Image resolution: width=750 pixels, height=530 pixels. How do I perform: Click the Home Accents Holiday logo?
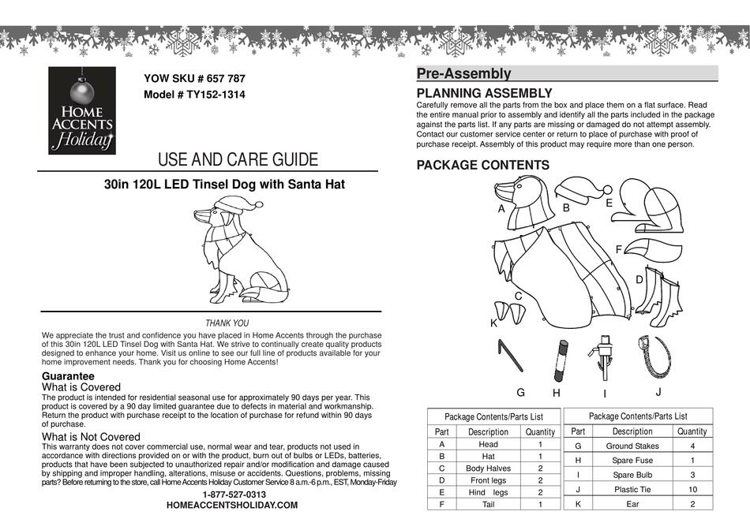81,110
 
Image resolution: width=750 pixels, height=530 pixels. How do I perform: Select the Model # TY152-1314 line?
194,94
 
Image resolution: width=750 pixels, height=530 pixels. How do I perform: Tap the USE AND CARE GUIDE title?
238,159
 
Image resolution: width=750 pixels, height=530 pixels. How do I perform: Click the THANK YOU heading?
227,323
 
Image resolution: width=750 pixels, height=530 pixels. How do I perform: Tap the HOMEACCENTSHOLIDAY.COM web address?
232,506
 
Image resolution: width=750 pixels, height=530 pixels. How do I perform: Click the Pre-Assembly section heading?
463,74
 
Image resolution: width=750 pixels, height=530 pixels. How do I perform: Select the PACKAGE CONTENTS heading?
482,165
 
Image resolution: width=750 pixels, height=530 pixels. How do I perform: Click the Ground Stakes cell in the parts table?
632,446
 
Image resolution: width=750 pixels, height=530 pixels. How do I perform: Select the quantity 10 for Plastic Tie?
692,488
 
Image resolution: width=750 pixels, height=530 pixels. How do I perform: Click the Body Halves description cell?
488,468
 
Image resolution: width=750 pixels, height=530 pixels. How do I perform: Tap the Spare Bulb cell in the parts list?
632,475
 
